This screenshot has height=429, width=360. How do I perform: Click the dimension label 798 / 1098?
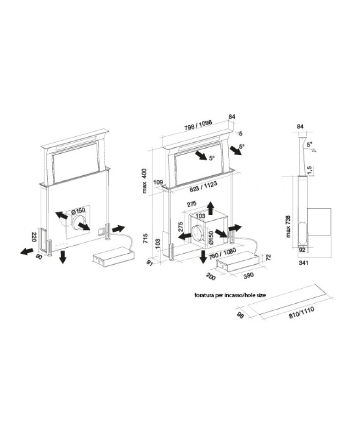click(198, 125)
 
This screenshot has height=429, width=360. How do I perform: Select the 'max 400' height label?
click(144, 181)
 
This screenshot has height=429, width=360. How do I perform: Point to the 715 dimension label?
click(146, 238)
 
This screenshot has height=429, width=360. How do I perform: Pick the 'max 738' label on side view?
click(288, 226)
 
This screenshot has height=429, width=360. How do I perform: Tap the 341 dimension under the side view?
click(304, 263)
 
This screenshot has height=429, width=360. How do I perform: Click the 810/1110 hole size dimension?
click(302, 312)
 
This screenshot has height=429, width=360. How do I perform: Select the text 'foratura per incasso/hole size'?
click(230, 295)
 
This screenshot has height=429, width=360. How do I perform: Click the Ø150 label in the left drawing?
click(79, 211)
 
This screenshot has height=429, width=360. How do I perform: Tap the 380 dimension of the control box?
click(248, 275)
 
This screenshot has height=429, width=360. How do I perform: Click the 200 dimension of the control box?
click(211, 276)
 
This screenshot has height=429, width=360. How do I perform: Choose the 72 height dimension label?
click(269, 257)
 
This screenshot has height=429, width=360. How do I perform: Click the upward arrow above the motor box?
click(210, 208)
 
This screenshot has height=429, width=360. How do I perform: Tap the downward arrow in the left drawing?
click(63, 256)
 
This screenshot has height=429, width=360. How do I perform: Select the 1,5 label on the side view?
click(310, 171)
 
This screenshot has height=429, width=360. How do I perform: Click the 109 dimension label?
click(158, 182)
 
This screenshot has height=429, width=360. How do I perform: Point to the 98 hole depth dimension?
click(240, 316)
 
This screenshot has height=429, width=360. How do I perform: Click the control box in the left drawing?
click(113, 256)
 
